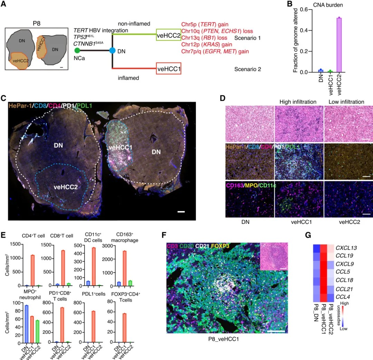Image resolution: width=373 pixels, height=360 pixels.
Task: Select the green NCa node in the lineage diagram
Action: [x=77, y=50]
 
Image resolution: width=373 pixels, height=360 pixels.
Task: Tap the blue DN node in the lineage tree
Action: [x=112, y=50]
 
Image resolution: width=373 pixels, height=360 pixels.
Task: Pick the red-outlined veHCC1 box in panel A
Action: [x=169, y=69]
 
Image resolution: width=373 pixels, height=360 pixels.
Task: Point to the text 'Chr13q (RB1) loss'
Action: [x=204, y=38]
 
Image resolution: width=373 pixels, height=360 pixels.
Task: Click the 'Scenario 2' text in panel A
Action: [x=247, y=69]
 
